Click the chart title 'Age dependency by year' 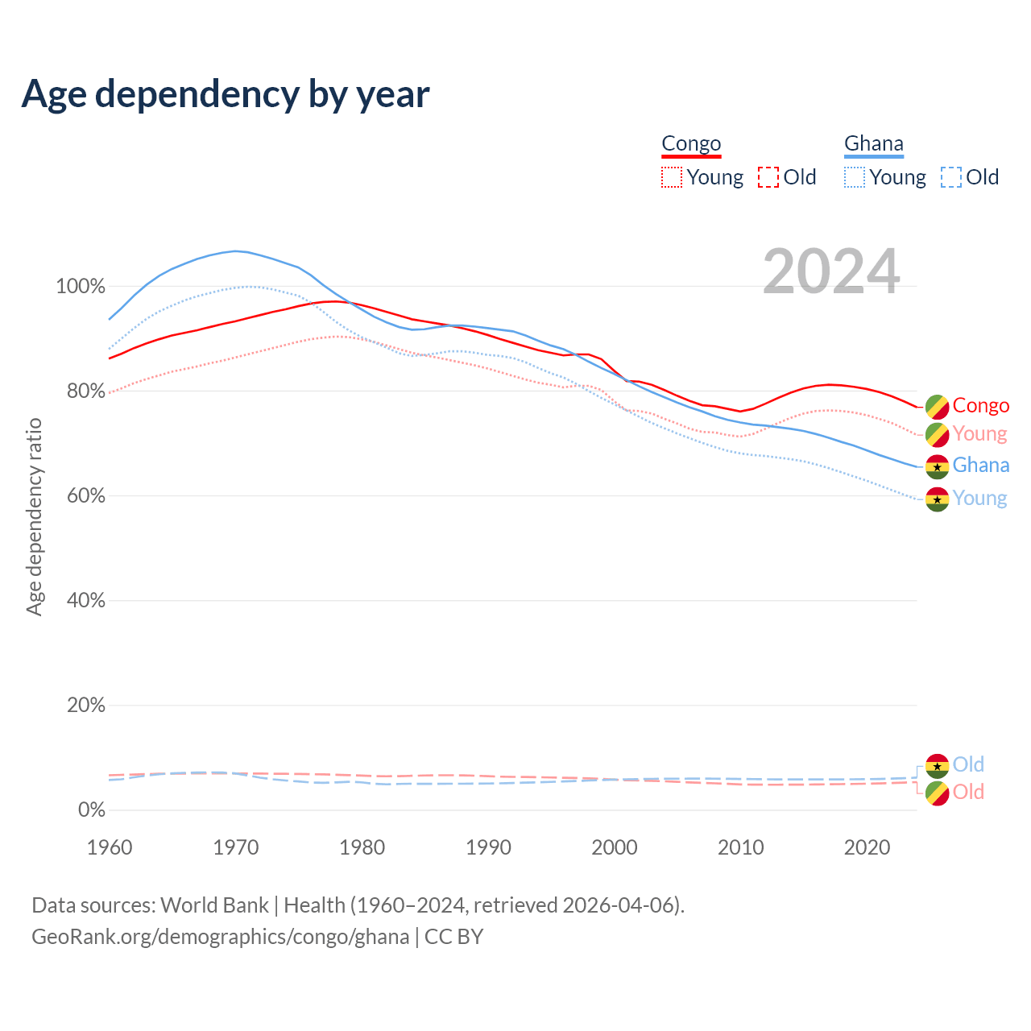226,94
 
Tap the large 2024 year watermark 831,272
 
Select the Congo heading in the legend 691,144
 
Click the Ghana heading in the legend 874,144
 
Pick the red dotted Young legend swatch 671,177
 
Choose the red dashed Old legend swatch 768,177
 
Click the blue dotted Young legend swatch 855,177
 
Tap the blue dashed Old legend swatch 951,177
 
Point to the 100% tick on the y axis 81,287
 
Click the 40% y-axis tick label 85,601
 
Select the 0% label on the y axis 91,810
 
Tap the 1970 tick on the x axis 236,847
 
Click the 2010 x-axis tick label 741,847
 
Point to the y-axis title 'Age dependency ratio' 34,516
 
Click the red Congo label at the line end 980,406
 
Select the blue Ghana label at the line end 980,466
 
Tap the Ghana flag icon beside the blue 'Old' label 937,765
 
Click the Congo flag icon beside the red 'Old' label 937,793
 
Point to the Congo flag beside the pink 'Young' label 937,435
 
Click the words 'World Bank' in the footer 214,905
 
